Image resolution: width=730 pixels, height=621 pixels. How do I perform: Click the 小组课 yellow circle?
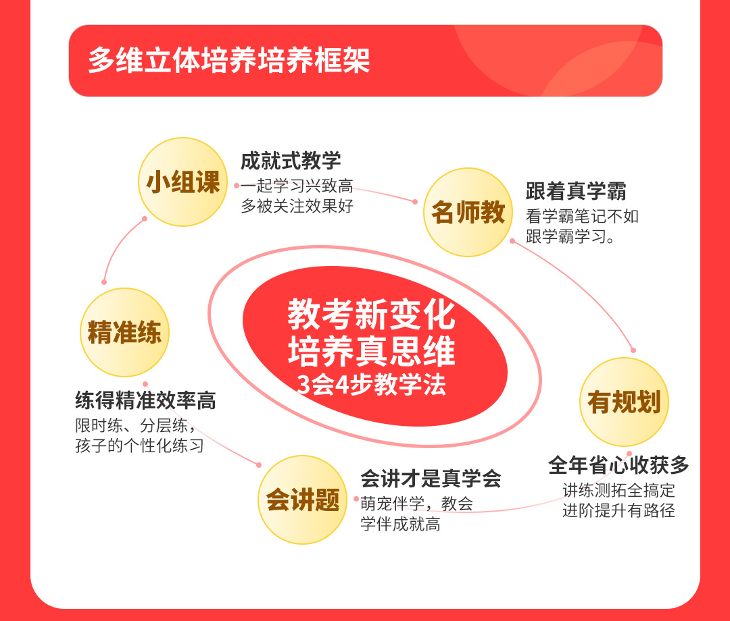[183, 182]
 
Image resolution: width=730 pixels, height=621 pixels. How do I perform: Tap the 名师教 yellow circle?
[468, 212]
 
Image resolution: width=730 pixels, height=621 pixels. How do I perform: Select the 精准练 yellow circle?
[125, 332]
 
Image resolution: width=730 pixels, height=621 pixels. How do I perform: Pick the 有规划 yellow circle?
[624, 402]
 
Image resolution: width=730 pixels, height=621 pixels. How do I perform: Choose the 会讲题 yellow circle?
[303, 500]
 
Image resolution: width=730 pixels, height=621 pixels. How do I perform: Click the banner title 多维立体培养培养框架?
[229, 61]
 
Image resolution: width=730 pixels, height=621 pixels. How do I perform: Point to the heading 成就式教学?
[291, 161]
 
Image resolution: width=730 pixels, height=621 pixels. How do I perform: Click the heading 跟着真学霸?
[576, 190]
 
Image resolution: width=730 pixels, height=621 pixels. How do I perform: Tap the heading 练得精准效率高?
[146, 400]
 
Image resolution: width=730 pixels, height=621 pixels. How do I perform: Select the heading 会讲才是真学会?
[431, 479]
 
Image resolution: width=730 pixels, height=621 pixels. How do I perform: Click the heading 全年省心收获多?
[618, 464]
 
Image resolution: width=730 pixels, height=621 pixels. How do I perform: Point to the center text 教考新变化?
[371, 315]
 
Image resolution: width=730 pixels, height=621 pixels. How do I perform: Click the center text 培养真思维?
[371, 350]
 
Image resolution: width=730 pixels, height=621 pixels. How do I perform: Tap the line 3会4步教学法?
[372, 384]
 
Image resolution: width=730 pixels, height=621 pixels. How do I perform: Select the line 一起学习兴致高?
[297, 186]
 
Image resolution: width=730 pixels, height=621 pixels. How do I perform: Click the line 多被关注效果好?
[297, 206]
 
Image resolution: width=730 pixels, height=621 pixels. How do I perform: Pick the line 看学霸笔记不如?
[582, 216]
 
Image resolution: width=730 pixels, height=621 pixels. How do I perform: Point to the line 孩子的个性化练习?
[140, 446]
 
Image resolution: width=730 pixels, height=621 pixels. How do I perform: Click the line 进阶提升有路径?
[618, 510]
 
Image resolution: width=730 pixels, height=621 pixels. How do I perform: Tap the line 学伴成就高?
[400, 524]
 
